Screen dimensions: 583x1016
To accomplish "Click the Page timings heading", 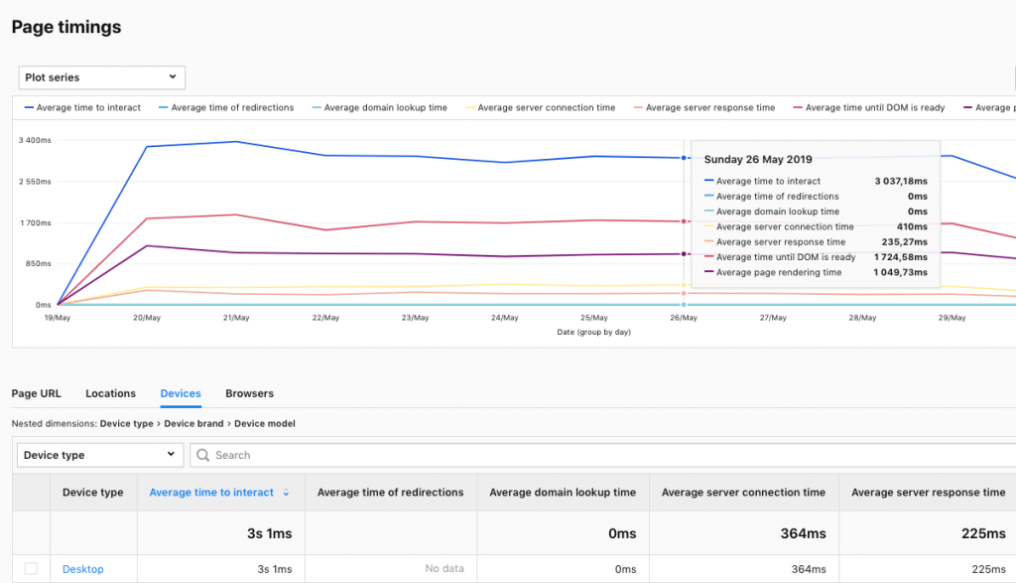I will click(66, 28).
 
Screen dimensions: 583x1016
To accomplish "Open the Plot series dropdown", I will click(101, 77).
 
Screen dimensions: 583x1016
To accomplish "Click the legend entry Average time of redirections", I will click(232, 107).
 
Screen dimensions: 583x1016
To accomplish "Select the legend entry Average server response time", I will click(709, 107).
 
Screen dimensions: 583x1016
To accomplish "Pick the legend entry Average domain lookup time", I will click(385, 107).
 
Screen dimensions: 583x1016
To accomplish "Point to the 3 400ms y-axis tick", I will click(35, 140).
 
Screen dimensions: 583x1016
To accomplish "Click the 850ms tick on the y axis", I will click(37, 264).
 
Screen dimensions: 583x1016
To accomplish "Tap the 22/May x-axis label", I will click(325, 318).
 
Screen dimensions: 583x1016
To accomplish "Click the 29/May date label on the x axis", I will click(952, 318).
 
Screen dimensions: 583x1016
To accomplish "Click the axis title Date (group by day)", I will click(593, 332).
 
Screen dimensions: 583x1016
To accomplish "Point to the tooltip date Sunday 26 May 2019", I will click(758, 159).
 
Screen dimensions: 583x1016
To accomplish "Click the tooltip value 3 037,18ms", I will click(900, 182).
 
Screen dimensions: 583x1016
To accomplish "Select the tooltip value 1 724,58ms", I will click(900, 257).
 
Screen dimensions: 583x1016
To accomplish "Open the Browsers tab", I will click(249, 394).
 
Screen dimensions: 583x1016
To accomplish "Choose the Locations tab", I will click(110, 394).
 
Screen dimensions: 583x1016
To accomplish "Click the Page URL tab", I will click(36, 394).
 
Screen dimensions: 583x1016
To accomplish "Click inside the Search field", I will click(595, 455).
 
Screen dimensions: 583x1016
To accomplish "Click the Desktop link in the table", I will click(82, 569).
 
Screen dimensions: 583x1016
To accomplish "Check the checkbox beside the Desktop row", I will click(31, 569).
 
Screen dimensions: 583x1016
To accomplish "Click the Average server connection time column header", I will click(743, 493).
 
